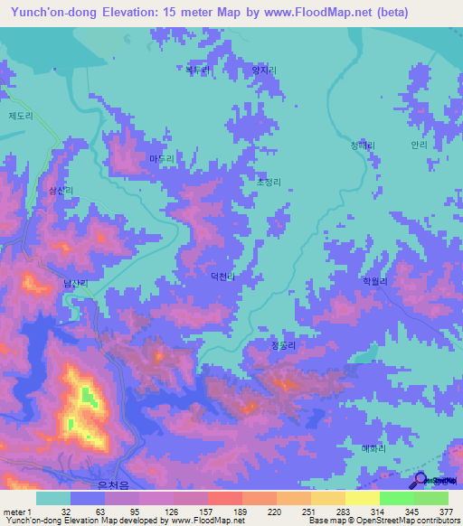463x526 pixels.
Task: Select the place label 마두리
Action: (161, 158)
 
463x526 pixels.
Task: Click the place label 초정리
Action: (269, 182)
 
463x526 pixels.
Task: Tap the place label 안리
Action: (418, 144)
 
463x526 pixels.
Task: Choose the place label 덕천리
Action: (223, 277)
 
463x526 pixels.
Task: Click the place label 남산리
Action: (75, 283)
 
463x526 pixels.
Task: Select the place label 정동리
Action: (285, 344)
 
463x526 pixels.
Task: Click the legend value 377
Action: (447, 511)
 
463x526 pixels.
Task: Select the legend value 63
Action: (88, 511)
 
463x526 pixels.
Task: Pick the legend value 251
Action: (308, 511)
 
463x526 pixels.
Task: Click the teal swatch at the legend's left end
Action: (53, 498)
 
